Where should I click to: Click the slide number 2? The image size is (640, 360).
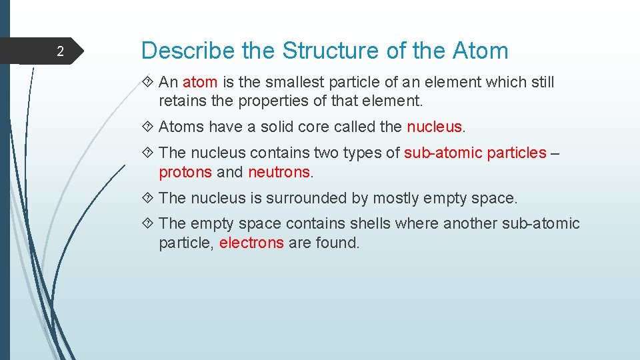coord(59,52)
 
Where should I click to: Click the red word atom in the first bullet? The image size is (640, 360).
coord(200,83)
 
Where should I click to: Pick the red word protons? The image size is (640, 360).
coord(185,173)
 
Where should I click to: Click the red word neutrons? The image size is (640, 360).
coord(279,173)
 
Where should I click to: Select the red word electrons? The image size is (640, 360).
coord(251,243)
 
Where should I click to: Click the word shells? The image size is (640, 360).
coord(369,224)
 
